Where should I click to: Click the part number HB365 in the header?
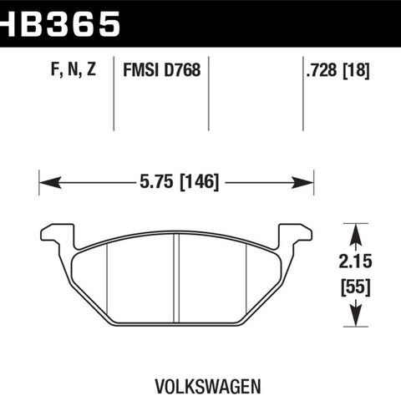point(59,24)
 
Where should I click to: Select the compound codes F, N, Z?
point(74,69)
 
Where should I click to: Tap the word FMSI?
point(141,69)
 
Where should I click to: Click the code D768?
point(182,69)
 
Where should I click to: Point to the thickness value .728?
point(322,70)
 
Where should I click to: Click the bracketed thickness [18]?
point(356,70)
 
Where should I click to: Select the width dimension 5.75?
point(156,181)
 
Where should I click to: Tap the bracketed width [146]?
point(199,182)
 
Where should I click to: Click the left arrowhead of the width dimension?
point(50,182)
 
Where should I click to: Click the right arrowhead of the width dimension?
point(302,182)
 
